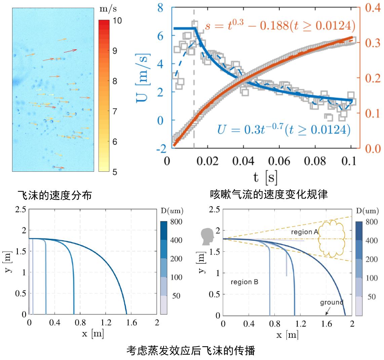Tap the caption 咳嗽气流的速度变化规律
coord(269,195)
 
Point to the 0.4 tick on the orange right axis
coord(373,8)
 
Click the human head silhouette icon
coord(207,237)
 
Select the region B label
coord(244,282)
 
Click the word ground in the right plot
coord(332,302)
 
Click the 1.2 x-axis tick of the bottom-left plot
coord(106,323)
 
